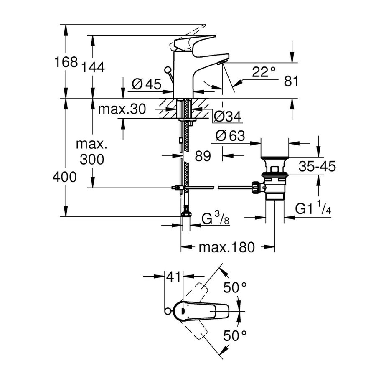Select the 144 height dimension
93,67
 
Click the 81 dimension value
291,81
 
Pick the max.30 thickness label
122,110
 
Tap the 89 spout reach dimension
202,156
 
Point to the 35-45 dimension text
317,167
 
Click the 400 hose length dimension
65,177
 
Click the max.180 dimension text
226,247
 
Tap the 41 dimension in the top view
174,276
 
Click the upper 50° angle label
234,287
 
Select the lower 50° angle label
234,335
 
